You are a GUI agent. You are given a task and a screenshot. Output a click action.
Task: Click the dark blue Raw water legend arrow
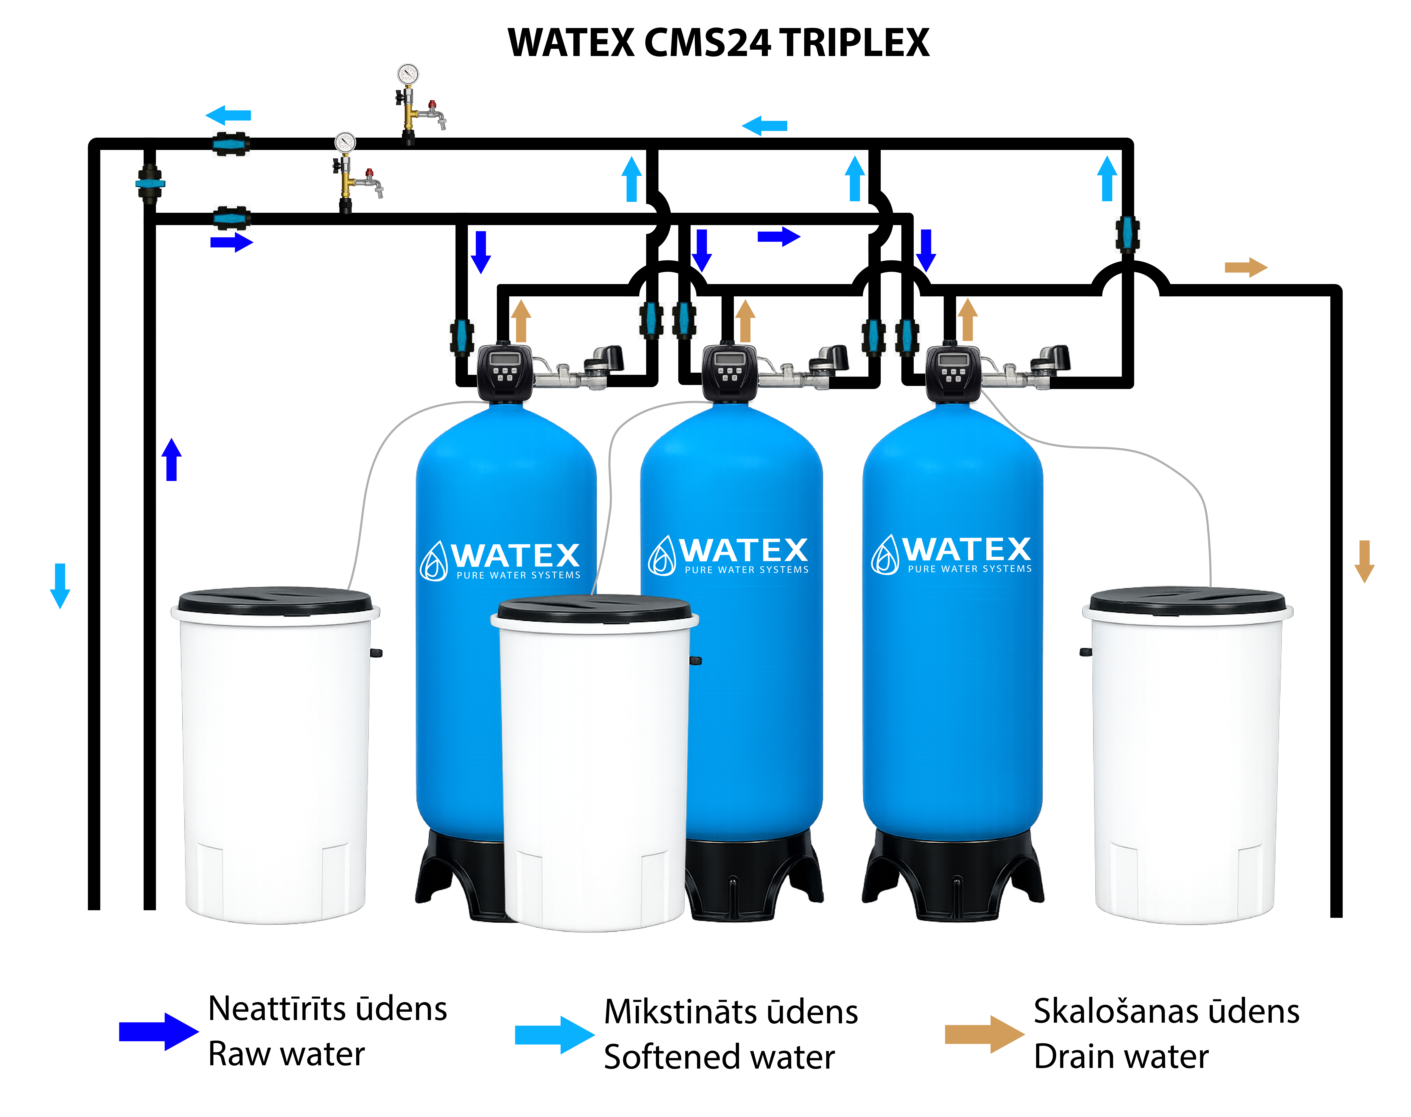(158, 1031)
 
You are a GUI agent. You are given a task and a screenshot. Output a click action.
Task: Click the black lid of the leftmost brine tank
(275, 600)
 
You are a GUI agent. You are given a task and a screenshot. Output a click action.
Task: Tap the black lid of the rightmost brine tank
(1187, 600)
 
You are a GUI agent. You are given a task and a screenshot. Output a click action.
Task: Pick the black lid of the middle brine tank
(594, 608)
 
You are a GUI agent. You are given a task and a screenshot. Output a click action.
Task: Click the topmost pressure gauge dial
(408, 74)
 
